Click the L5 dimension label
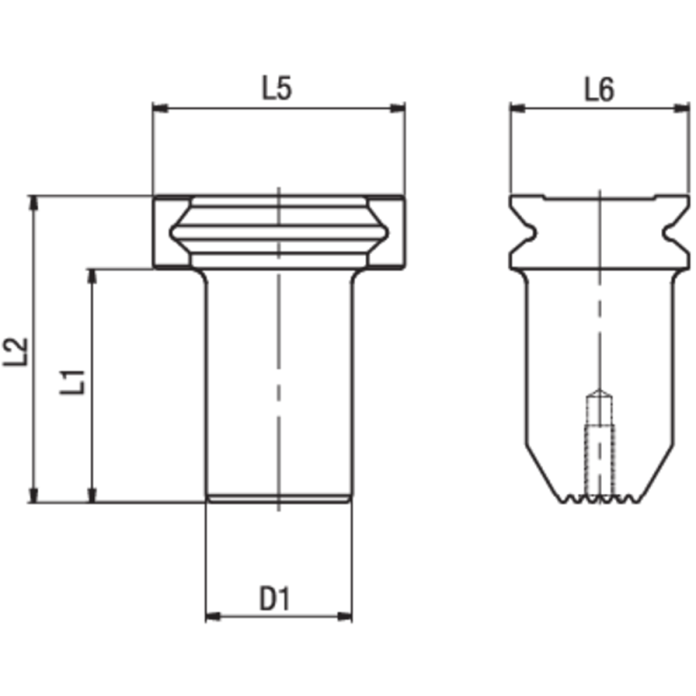[277, 89]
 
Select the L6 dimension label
[599, 89]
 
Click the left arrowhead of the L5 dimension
[159, 109]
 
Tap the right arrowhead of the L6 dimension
[683, 109]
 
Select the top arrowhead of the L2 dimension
[34, 202]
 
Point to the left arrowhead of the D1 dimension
[211, 616]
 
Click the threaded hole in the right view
[599, 444]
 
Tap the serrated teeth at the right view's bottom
[599, 499]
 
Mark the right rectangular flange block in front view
[391, 232]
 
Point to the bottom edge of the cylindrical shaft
[278, 499]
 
